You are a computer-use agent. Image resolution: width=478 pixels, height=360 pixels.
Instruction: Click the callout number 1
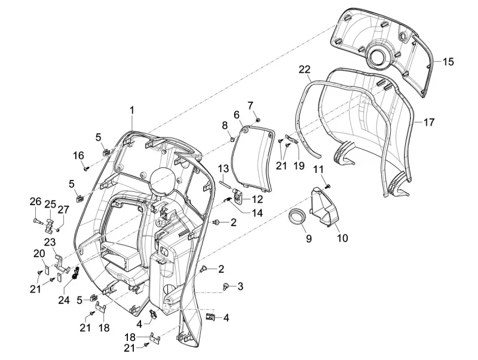pyautogui.click(x=132, y=109)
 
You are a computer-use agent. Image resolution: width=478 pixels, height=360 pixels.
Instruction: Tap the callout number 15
pyautogui.click(x=448, y=61)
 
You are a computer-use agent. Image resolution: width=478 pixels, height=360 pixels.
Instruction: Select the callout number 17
pyautogui.click(x=429, y=122)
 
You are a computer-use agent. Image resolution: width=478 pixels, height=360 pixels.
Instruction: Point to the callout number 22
pyautogui.click(x=305, y=70)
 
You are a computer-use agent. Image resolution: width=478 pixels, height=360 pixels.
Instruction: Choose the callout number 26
pyautogui.click(x=35, y=202)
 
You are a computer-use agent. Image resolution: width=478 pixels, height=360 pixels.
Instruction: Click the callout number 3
pyautogui.click(x=240, y=286)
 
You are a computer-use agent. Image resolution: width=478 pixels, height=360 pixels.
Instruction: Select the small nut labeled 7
pyautogui.click(x=256, y=120)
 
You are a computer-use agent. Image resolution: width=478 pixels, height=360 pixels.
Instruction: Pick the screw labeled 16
pyautogui.click(x=86, y=169)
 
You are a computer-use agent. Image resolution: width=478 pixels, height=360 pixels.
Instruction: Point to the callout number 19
pyautogui.click(x=298, y=165)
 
